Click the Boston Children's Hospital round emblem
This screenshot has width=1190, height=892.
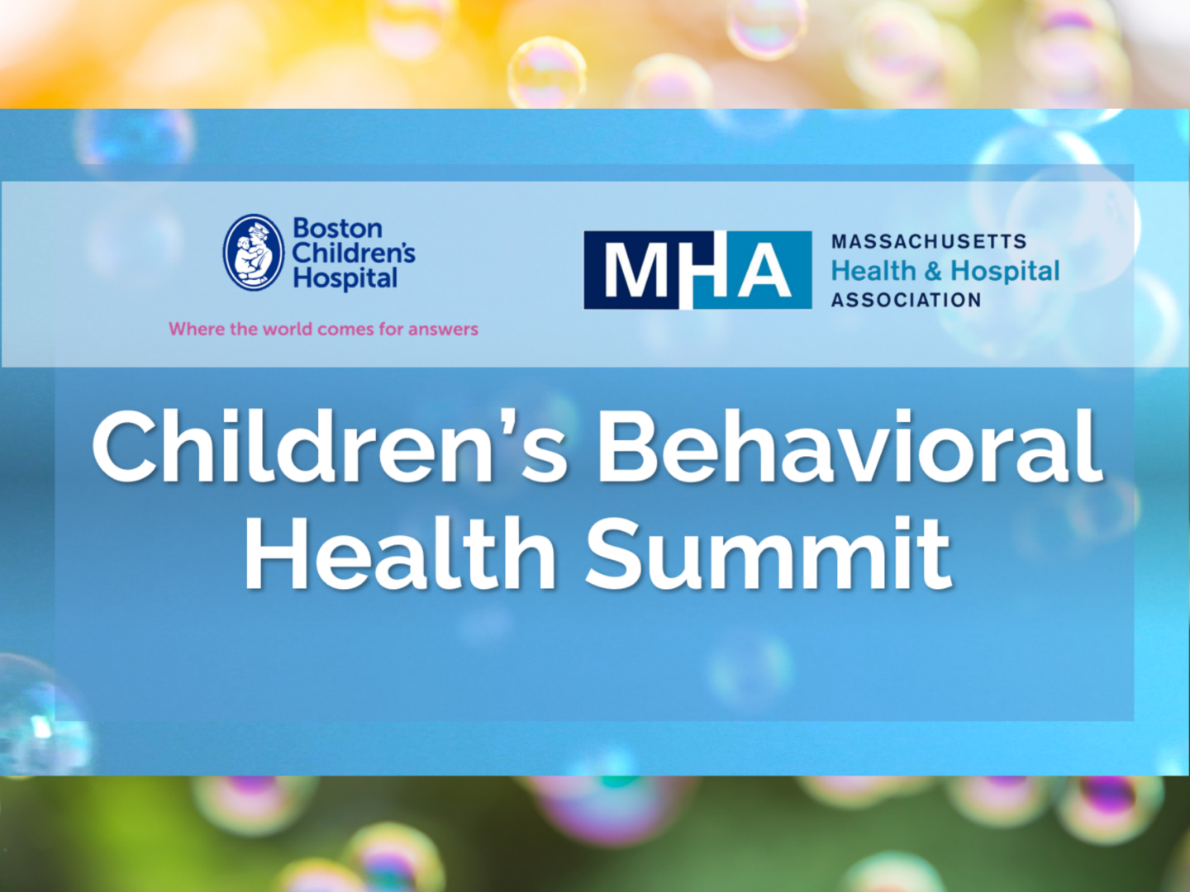[254, 253]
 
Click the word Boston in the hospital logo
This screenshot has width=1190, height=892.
[337, 228]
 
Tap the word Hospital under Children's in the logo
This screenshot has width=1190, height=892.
[345, 279]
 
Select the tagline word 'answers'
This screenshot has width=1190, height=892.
[443, 329]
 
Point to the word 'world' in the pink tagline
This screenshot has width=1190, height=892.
[288, 329]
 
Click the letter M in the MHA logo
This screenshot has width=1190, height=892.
[636, 271]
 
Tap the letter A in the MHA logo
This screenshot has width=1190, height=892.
[765, 271]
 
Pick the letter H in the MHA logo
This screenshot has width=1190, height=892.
[702, 271]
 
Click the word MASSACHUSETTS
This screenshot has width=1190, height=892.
[929, 242]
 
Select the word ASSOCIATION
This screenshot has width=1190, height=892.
[906, 300]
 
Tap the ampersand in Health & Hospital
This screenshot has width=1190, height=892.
[933, 271]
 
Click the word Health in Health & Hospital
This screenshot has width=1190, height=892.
[873, 271]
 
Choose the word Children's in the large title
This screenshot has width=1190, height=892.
[331, 448]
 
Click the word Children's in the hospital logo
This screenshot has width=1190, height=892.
[354, 253]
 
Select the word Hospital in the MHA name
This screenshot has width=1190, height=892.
[1005, 271]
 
